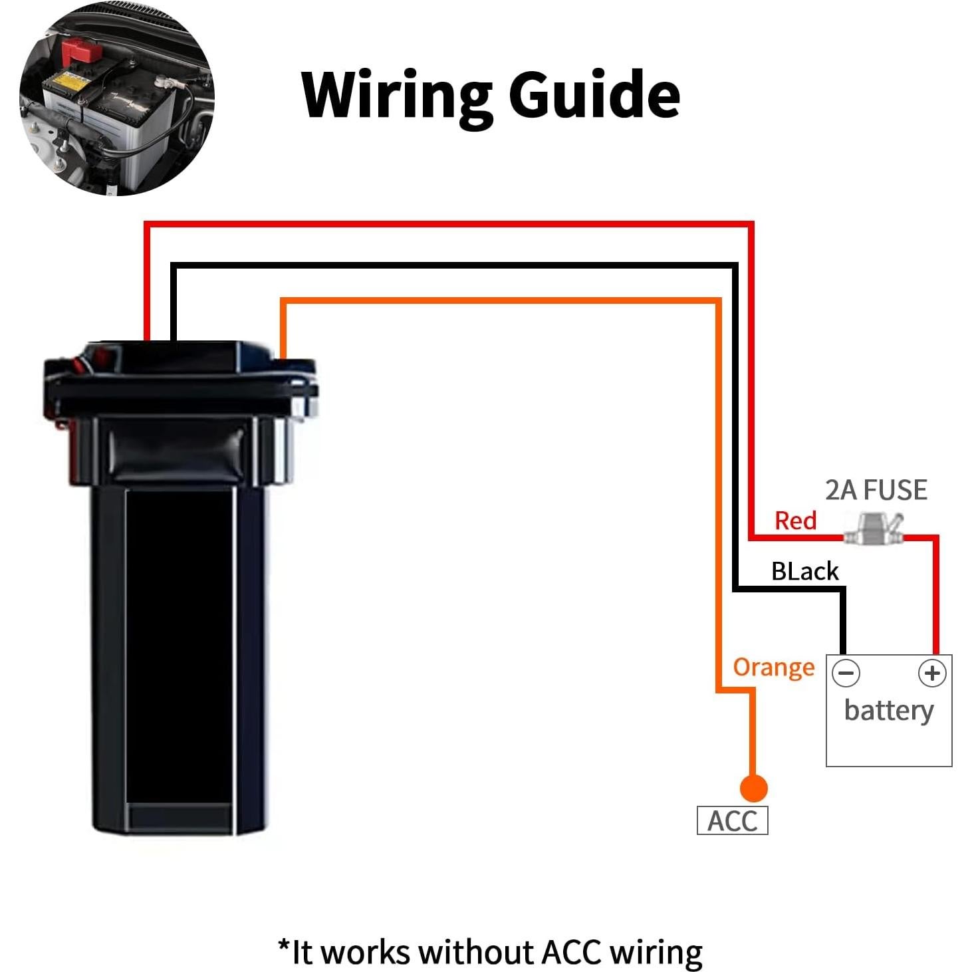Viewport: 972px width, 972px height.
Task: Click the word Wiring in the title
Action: [x=396, y=95]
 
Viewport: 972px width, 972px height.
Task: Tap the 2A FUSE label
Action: [x=876, y=491]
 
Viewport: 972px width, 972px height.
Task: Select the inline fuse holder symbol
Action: [x=873, y=529]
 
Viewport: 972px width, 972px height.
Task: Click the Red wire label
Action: [x=795, y=521]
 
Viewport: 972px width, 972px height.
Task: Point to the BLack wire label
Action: [x=804, y=571]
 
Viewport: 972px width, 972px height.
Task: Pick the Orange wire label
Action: [x=773, y=667]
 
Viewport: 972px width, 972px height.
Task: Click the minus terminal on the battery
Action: [x=846, y=673]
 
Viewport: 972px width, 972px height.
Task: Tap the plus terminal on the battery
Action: [x=931, y=673]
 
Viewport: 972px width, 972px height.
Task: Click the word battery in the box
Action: [x=889, y=711]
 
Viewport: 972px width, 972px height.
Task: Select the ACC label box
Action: [x=732, y=821]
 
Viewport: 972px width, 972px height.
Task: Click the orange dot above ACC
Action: [x=753, y=789]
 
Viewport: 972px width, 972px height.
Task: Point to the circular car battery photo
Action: [x=117, y=98]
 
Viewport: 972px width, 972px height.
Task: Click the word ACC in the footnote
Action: [x=572, y=952]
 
